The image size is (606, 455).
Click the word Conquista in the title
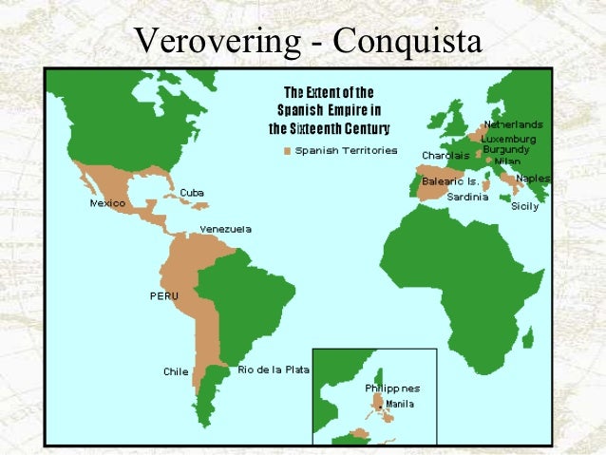point(408,42)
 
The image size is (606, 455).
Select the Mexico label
point(108,203)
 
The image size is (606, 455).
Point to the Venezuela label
point(226,229)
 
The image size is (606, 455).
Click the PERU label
point(163,296)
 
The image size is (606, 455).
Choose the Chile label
point(176,371)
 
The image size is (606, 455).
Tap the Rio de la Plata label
point(274,369)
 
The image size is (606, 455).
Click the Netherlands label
point(514,124)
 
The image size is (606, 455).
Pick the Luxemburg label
point(508,139)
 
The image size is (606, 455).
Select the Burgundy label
point(506,149)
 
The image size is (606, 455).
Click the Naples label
point(533,179)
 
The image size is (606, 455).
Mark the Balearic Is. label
point(450,180)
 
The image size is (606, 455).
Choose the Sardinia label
point(467,197)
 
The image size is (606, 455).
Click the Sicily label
point(524,205)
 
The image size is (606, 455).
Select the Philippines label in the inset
point(392,388)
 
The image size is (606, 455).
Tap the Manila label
point(400,404)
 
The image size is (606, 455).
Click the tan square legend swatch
point(287,150)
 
